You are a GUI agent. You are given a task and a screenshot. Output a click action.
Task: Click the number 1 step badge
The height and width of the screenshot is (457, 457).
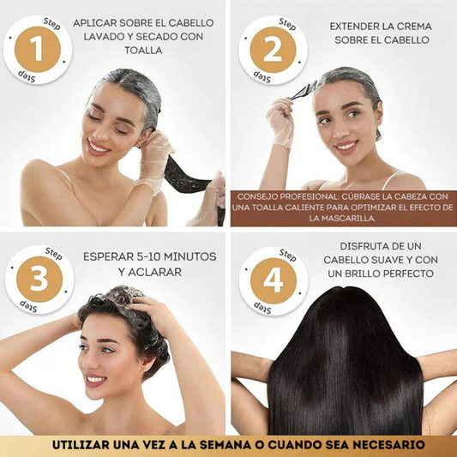[37, 50]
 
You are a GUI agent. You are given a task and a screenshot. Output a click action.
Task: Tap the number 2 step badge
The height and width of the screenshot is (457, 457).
[273, 50]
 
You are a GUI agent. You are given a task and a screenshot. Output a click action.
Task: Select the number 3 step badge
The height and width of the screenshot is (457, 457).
[39, 280]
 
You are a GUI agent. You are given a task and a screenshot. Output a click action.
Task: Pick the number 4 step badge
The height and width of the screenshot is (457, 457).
[273, 280]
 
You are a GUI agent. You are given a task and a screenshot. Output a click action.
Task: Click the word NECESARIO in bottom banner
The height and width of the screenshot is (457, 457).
[384, 444]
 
